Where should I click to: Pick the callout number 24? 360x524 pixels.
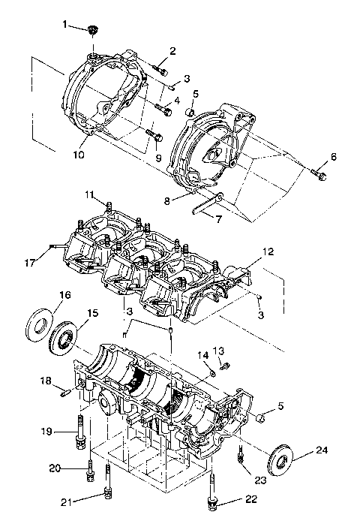(322, 450)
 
